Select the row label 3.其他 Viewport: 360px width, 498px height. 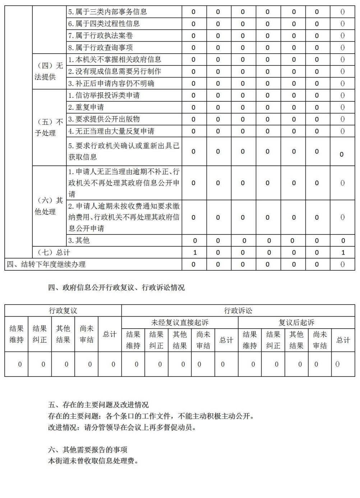point(79,240)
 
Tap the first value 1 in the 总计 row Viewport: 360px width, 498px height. point(195,252)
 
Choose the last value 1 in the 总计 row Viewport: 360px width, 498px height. point(343,252)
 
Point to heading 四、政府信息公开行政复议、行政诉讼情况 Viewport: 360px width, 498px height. point(116,288)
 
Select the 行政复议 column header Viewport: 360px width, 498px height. point(63,311)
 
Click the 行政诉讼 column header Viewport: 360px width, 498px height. point(238,311)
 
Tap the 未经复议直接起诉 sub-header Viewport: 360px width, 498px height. point(180,323)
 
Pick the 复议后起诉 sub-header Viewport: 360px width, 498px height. point(296,323)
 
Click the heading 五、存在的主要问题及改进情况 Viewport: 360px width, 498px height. point(98,405)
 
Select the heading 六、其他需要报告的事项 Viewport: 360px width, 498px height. point(88,449)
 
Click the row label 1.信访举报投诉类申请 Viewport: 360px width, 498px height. point(104,95)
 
